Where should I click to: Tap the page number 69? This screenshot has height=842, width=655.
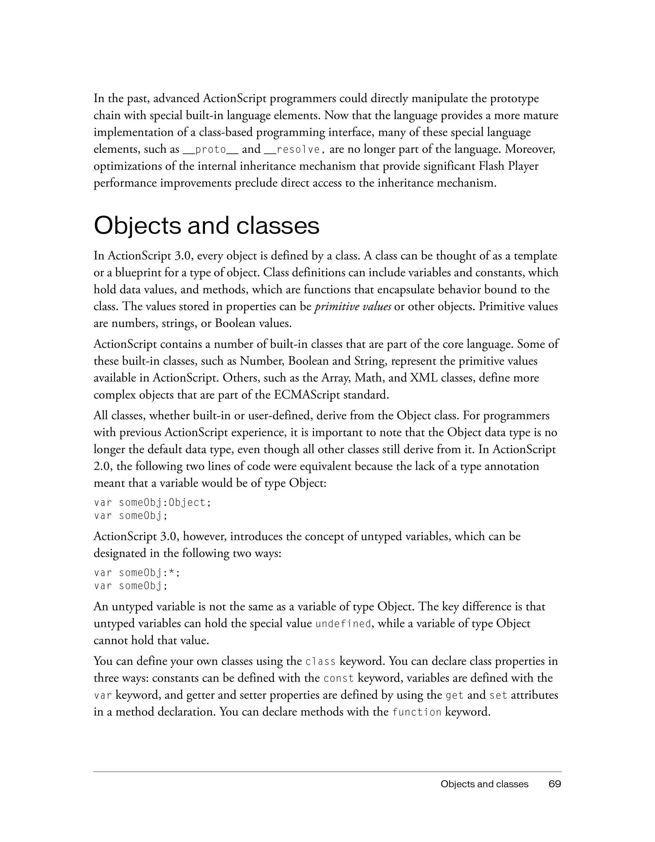tap(555, 784)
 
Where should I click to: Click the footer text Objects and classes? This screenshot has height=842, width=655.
tap(484, 784)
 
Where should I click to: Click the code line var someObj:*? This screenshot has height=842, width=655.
tap(137, 573)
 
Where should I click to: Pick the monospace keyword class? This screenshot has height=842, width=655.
tap(320, 662)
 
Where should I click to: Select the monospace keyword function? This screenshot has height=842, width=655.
tap(417, 712)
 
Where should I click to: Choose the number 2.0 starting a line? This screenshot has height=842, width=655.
tap(102, 467)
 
